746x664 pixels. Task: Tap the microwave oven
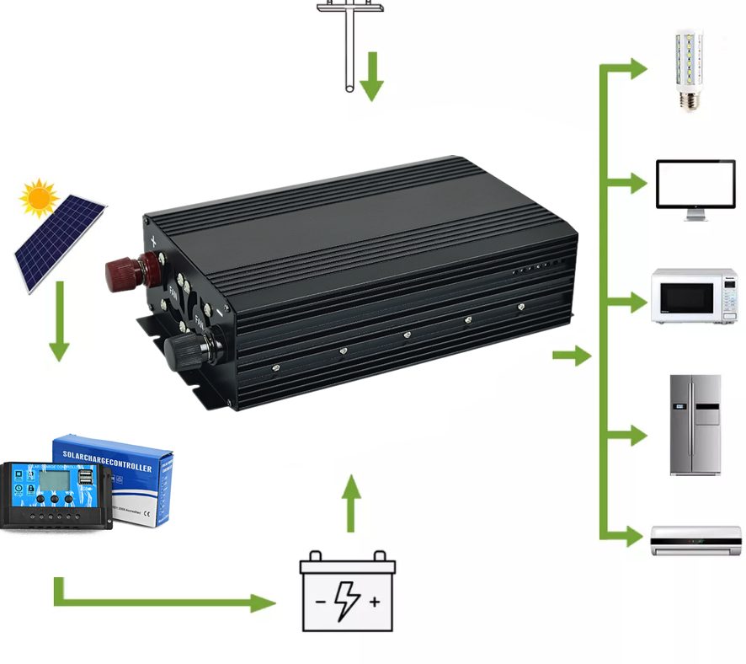point(694,297)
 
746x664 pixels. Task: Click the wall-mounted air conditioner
point(696,541)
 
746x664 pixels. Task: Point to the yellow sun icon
point(39,198)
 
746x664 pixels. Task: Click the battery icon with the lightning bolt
point(347,592)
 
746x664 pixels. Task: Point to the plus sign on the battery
point(375,602)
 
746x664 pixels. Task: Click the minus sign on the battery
point(320,602)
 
